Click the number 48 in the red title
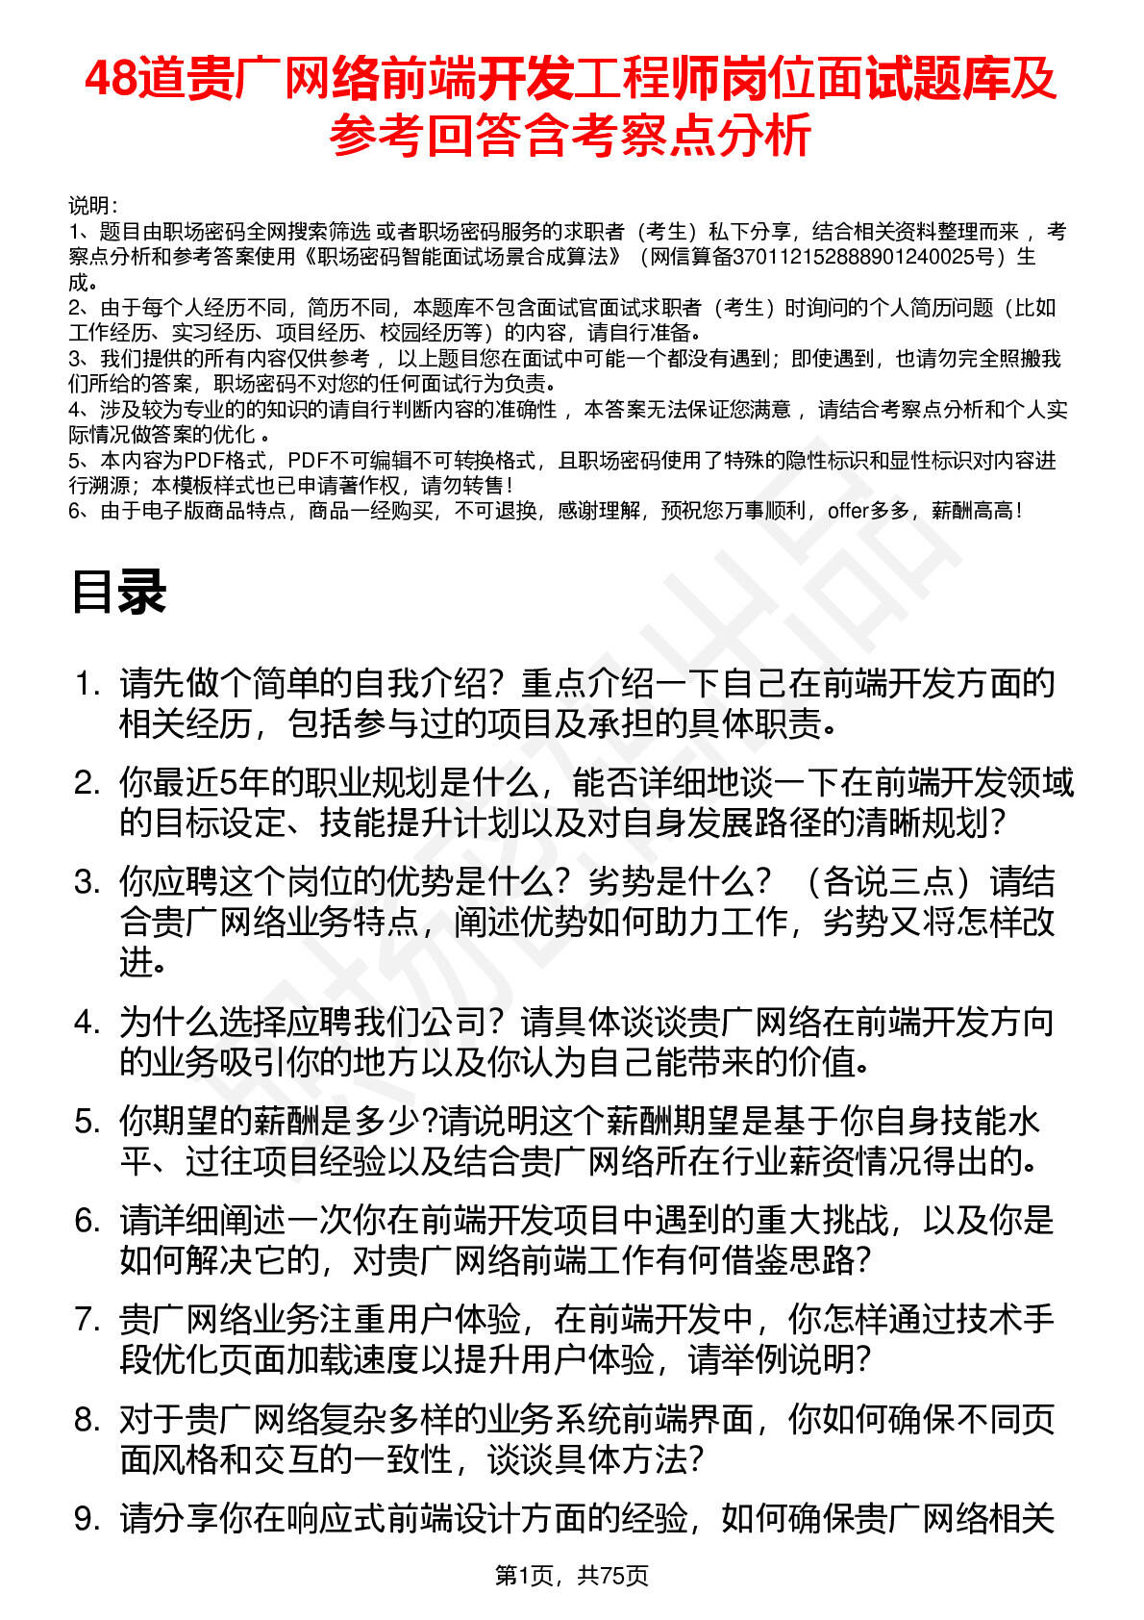point(109,79)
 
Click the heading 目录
point(119,592)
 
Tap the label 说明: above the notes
point(93,206)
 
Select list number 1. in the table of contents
point(87,684)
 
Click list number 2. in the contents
point(87,783)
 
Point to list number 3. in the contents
point(87,882)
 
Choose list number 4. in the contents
point(87,1022)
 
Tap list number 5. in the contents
point(87,1121)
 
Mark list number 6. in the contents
point(87,1221)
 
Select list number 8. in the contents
point(87,1419)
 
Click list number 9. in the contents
point(87,1518)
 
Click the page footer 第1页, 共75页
point(571,1576)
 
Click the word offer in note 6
point(847,511)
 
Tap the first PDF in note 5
point(203,461)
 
